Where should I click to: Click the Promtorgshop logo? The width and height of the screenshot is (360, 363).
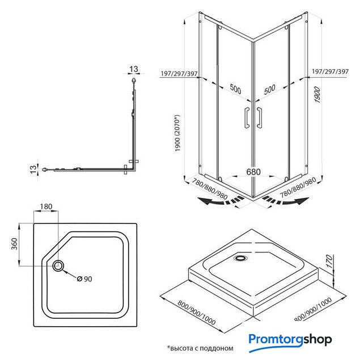[289, 340]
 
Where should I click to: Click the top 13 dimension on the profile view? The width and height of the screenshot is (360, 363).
[134, 70]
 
